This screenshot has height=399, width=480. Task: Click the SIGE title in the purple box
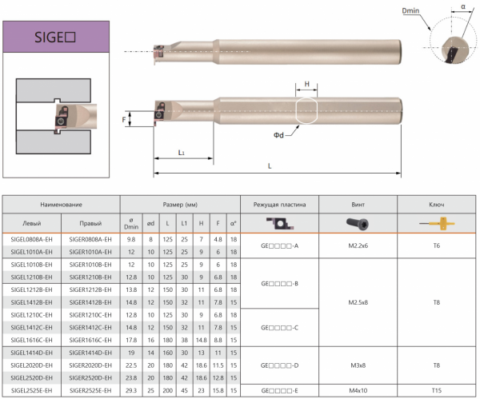55,37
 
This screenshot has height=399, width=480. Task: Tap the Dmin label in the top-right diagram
410,10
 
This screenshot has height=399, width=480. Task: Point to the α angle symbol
463,6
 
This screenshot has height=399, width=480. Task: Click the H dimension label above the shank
306,84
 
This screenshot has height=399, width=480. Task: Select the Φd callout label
278,135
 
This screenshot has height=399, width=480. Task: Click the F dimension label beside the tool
124,119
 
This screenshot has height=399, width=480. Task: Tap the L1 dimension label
182,152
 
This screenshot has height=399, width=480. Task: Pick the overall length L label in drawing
270,166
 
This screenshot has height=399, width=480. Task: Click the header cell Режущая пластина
279,205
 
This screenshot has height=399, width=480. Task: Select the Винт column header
358,205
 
